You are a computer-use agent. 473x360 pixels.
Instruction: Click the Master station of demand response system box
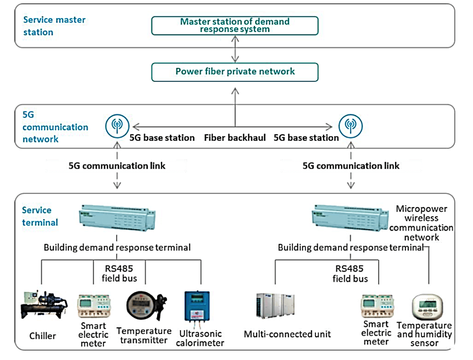(235, 25)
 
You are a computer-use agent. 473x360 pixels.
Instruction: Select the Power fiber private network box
(235, 72)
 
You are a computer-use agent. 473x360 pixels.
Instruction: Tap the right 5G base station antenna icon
(350, 125)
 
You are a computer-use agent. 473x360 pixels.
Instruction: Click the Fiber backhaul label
(235, 138)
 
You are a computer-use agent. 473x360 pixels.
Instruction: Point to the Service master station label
(54, 26)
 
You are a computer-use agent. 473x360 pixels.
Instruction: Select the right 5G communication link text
(351, 165)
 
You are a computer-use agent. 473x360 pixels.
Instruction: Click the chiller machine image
(43, 305)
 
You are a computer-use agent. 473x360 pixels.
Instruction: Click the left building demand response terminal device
(116, 219)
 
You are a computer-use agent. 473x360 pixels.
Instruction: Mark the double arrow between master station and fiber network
(236, 49)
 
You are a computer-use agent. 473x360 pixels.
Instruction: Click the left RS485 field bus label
(117, 274)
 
